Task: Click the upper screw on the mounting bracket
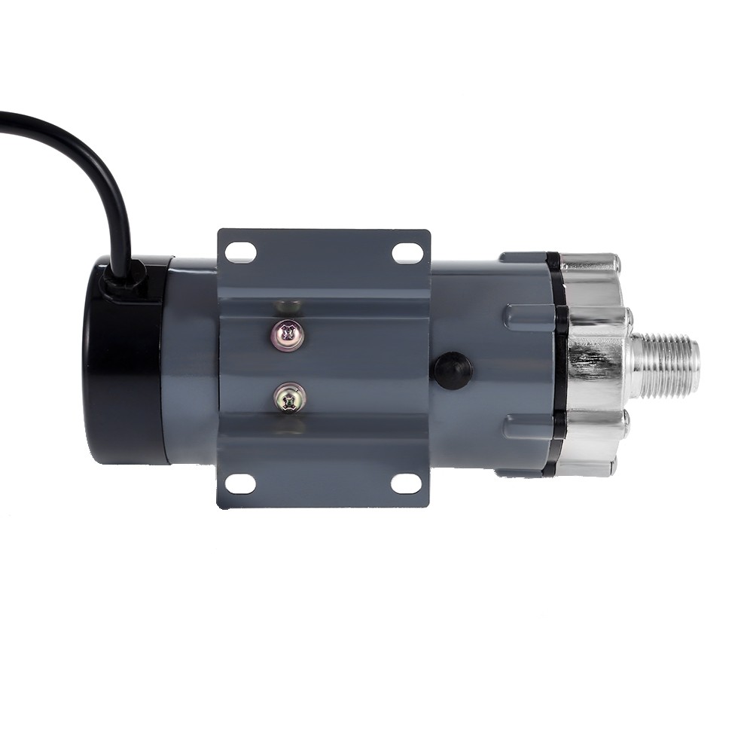click(288, 334)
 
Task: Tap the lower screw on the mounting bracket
click(289, 398)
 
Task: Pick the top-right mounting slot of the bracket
click(407, 253)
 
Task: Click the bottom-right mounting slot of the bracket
click(407, 483)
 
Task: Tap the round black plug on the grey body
click(452, 370)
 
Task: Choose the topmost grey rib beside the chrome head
click(523, 258)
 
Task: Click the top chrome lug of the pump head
click(591, 264)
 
